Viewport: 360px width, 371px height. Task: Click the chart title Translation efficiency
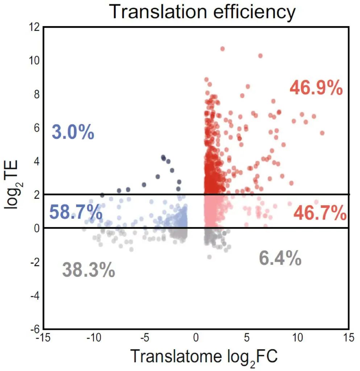pos(202,12)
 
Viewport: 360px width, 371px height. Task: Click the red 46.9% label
pos(316,88)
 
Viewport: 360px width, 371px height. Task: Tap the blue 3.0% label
pos(73,132)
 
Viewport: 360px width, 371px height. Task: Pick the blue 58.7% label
pos(75,212)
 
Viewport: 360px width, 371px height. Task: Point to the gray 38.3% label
pos(88,270)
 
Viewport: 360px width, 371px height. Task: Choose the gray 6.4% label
pos(280,259)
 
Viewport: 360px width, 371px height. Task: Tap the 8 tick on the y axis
pos(37,95)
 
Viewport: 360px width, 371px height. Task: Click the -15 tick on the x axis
pos(44,338)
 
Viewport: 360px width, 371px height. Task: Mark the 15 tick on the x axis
pos(348,338)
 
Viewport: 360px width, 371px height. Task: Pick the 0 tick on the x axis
pos(196,338)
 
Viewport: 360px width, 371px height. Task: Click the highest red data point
pos(223,49)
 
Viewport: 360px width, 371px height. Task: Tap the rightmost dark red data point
pos(322,133)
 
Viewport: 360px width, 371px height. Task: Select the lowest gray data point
pos(209,257)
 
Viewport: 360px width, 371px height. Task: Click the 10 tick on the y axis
pos(35,61)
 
